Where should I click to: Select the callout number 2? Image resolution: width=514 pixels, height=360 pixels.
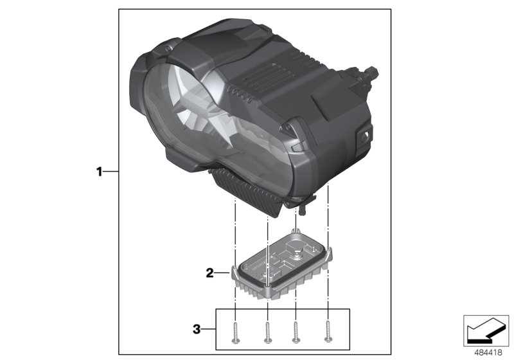[x=209, y=273]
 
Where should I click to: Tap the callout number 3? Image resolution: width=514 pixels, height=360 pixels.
[x=197, y=330]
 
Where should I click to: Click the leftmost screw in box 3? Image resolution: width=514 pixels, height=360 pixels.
[x=236, y=332]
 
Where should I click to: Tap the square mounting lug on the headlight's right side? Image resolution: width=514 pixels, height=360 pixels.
[x=363, y=136]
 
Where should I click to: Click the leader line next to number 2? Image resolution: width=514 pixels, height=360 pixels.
[x=222, y=273]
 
